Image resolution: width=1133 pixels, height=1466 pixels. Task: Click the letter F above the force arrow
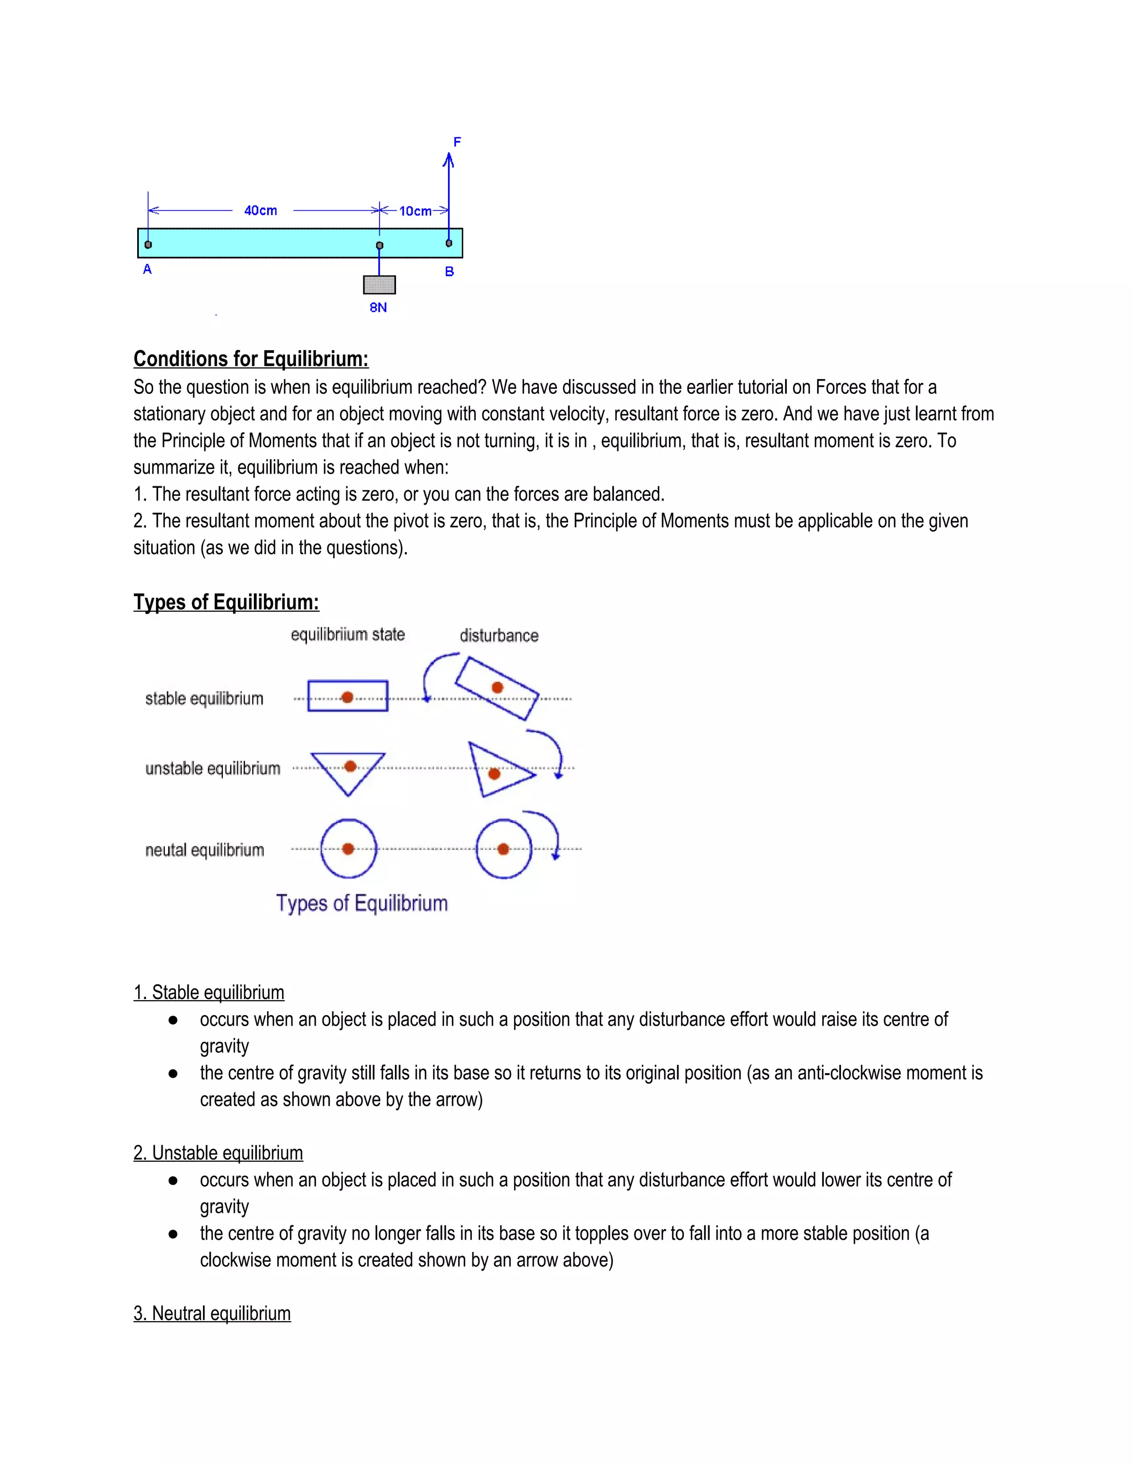point(457,142)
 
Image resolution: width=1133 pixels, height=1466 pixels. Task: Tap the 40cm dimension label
point(261,211)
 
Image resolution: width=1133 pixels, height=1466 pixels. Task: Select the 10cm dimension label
point(415,211)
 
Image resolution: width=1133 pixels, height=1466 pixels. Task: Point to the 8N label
point(378,308)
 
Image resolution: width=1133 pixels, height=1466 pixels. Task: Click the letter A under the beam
point(148,270)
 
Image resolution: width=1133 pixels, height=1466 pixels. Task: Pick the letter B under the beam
point(450,272)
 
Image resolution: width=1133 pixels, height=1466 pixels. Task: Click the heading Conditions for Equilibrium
point(251,359)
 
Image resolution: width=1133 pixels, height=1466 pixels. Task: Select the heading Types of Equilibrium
point(226,602)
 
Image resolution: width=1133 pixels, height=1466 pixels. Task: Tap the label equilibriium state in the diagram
point(347,635)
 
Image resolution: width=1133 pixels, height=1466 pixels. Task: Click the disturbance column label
point(498,636)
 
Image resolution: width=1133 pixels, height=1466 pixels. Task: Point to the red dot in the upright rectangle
point(347,698)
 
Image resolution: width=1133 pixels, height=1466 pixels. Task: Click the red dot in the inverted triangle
point(350,767)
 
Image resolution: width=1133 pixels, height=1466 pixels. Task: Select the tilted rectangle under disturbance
point(497,689)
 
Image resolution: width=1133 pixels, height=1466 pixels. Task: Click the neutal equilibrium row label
point(205,850)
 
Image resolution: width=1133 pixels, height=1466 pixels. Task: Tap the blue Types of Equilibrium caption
point(362,903)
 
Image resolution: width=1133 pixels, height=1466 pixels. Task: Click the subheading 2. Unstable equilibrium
point(218,1153)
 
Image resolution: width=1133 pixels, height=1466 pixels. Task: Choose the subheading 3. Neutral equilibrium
point(212,1314)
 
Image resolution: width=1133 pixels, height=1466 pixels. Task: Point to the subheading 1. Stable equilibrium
point(209,993)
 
